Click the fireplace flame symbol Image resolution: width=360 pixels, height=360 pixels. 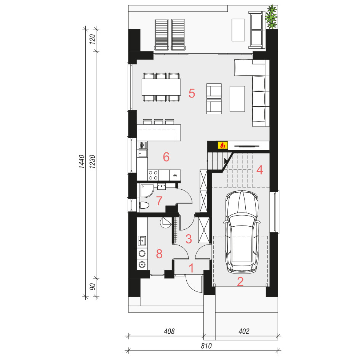222,145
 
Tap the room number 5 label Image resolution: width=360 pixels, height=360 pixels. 192,93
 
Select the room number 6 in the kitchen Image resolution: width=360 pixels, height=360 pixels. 166,157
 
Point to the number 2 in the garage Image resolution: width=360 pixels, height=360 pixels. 240,282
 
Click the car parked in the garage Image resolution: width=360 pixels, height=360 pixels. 242,232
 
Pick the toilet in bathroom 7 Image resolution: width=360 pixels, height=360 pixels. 144,205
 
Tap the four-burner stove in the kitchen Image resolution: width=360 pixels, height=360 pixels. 153,175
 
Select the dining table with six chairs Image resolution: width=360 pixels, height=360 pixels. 161,87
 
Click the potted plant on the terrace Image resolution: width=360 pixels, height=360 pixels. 271,17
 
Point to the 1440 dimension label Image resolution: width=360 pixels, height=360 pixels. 82,162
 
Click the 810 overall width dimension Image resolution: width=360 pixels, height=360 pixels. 206,346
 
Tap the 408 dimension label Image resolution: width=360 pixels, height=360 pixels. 169,331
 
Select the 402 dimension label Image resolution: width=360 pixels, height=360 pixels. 244,331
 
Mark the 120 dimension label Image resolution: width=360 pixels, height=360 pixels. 92,39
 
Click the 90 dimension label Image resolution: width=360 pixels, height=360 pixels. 92,287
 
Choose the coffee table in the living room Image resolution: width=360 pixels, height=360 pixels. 237,99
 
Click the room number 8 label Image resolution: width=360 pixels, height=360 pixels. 159,254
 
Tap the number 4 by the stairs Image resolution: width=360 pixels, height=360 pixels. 259,170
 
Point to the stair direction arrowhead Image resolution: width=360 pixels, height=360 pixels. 226,160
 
